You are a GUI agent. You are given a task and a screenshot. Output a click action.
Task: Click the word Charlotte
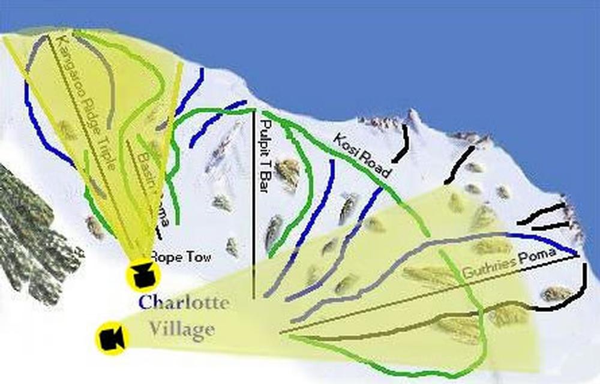[x=183, y=302]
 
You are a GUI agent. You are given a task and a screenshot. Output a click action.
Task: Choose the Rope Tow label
[x=181, y=257]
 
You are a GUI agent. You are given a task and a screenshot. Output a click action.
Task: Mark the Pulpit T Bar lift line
[x=254, y=240]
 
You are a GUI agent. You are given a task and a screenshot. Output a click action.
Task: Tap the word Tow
[x=200, y=257]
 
